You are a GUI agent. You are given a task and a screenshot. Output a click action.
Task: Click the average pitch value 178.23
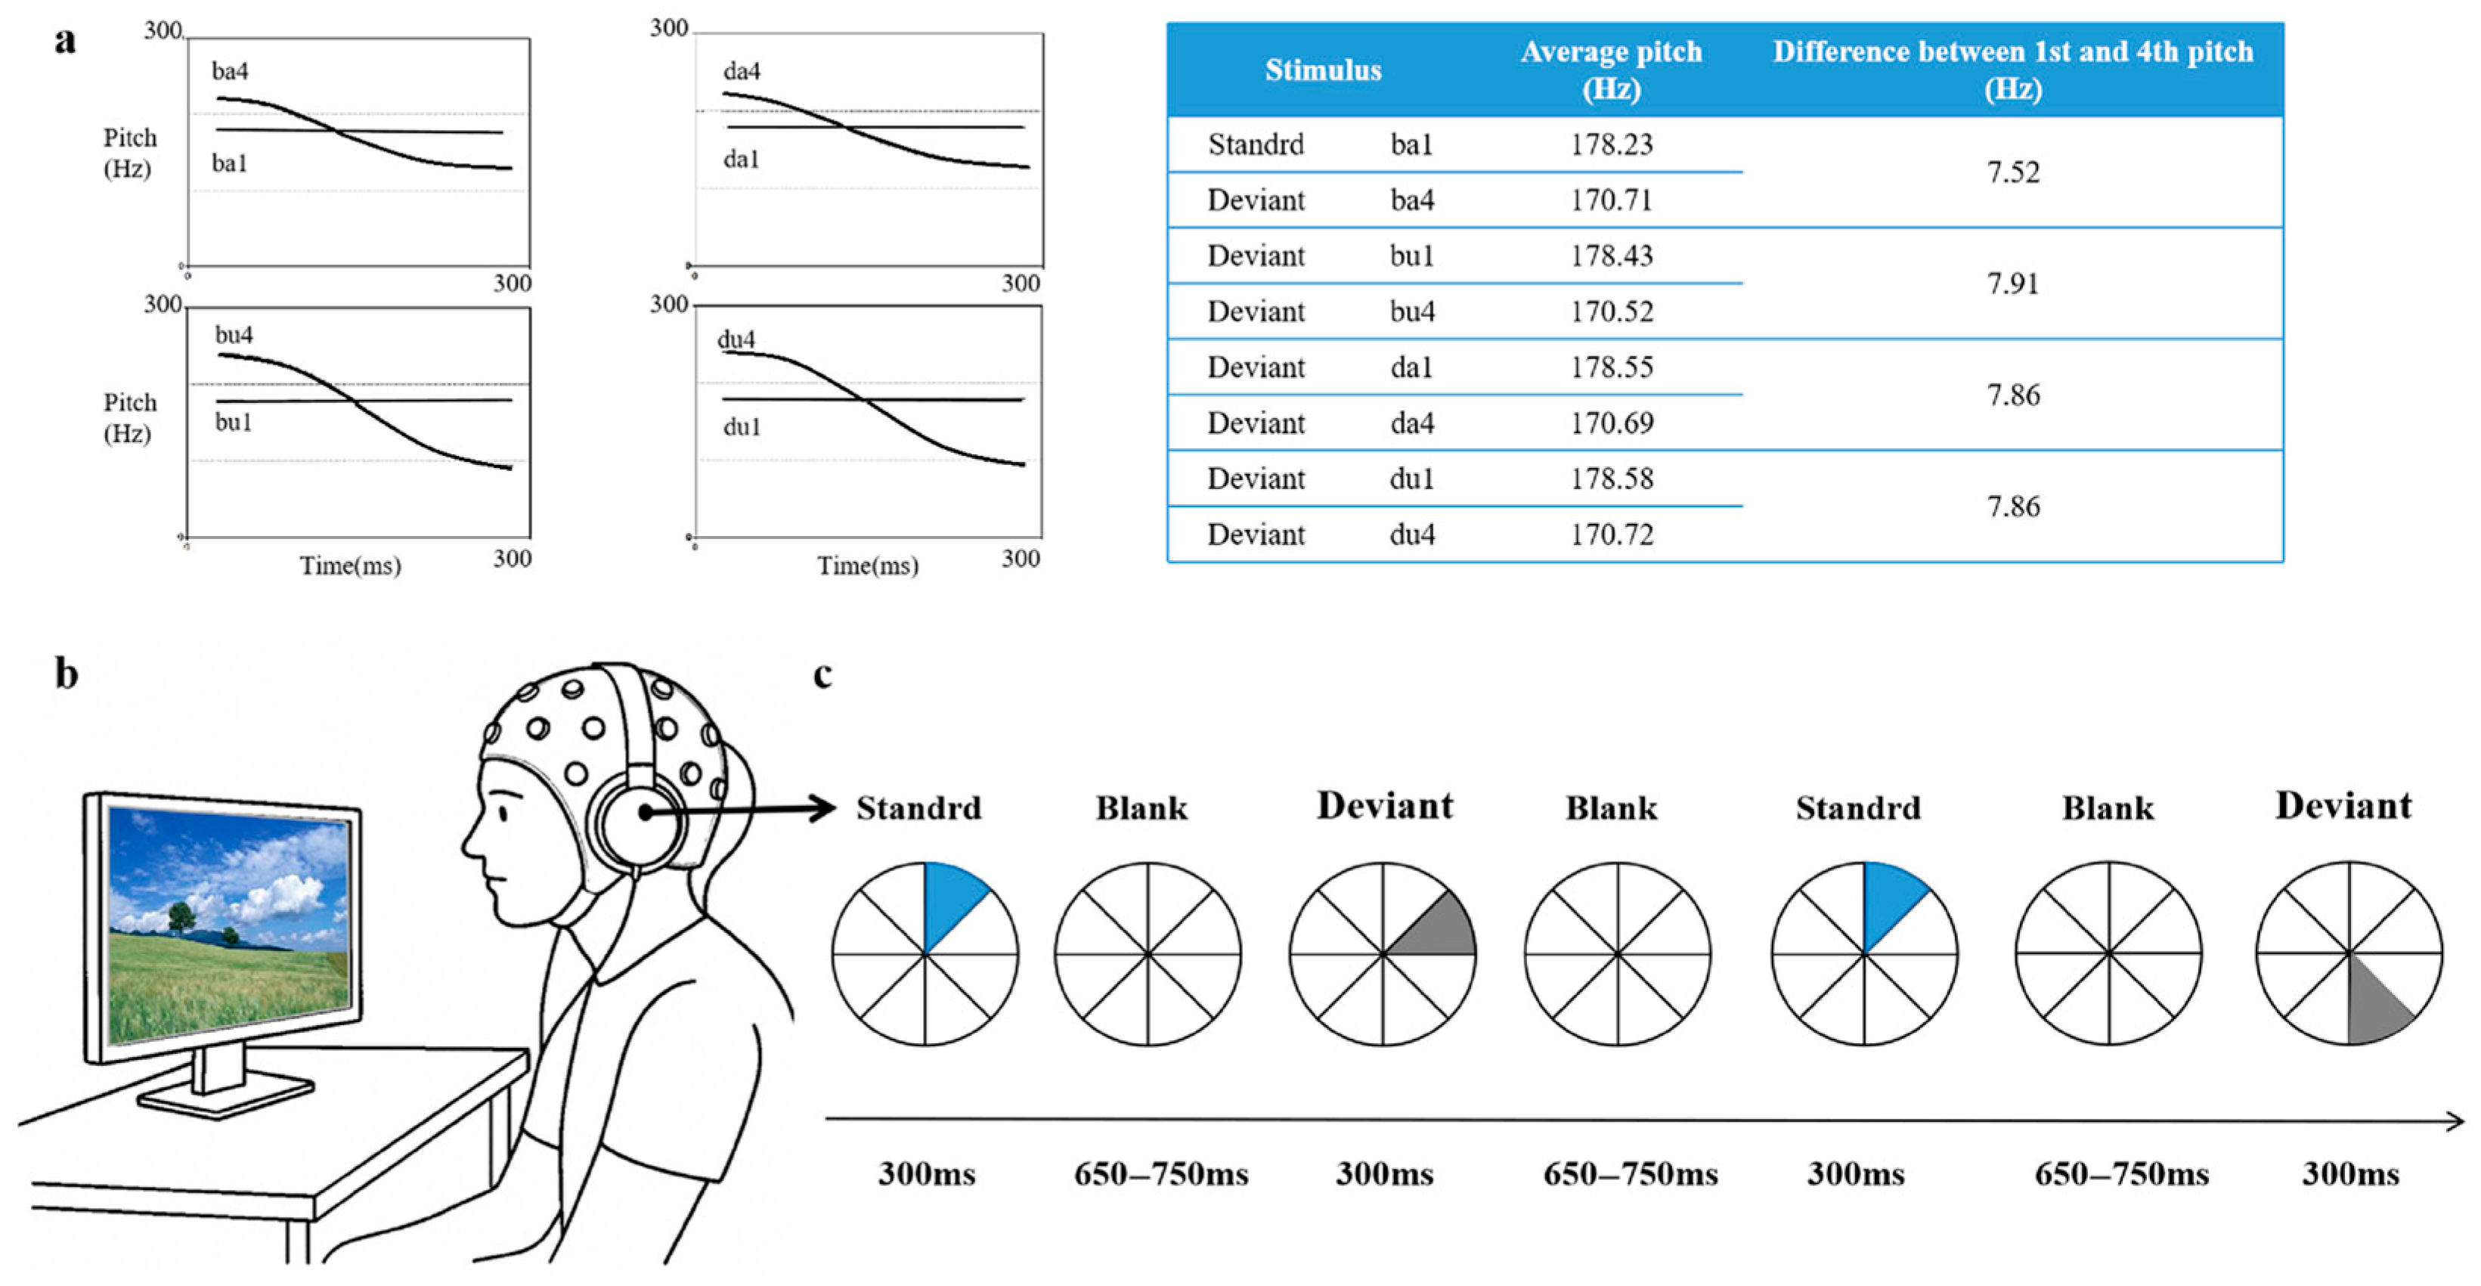point(1612,144)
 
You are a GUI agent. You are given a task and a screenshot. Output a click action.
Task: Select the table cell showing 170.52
point(1612,311)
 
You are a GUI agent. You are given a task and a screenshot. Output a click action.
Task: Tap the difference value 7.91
point(2013,284)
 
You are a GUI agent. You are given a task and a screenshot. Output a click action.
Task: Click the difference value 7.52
point(2013,172)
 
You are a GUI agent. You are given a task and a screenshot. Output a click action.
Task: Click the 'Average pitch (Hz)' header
point(1612,70)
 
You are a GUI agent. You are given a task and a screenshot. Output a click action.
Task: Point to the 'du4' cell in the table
point(1412,535)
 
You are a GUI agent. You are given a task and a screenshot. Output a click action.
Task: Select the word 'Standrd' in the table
point(1256,144)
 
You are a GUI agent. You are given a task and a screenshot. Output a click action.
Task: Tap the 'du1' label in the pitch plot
point(742,426)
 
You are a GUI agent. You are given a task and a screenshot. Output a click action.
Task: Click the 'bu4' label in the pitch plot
point(234,335)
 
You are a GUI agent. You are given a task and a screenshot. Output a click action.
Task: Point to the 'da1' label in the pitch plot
point(741,159)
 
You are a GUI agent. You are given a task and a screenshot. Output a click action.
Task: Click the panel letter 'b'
point(67,674)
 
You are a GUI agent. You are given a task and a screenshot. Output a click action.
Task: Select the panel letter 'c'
point(822,674)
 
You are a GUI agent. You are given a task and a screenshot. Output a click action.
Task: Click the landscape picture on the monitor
point(229,925)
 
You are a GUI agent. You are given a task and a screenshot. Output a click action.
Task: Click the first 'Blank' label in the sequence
point(1141,807)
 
